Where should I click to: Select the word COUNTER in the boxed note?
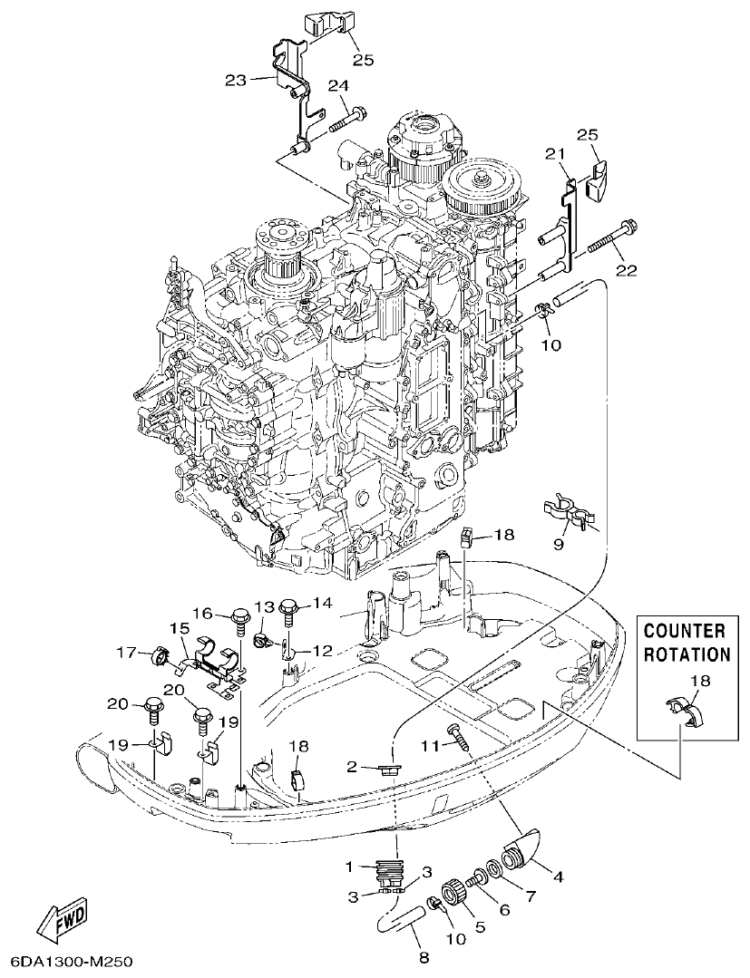click(685, 631)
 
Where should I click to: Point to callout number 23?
click(236, 81)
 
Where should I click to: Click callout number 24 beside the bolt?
click(338, 86)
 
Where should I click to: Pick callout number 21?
click(555, 154)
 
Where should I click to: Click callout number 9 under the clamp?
click(560, 544)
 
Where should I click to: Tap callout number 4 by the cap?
click(559, 876)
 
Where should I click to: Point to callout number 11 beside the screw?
click(430, 744)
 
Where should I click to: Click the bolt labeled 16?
click(241, 620)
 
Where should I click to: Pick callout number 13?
click(263, 605)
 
